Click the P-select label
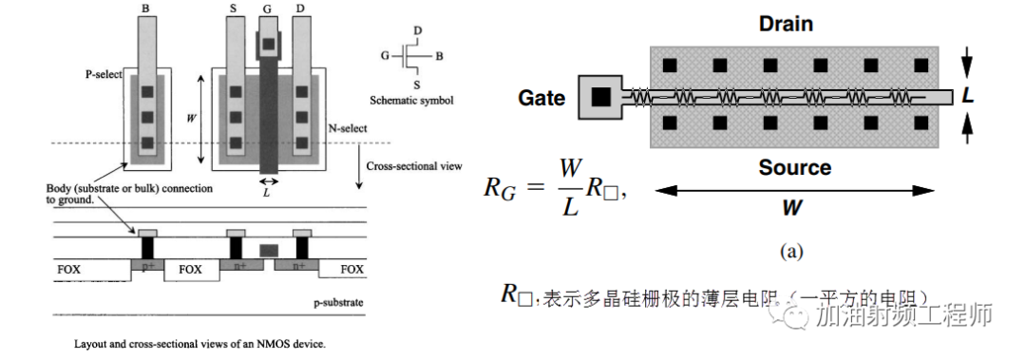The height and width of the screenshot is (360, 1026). tap(104, 74)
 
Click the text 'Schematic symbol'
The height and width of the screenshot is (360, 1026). tap(409, 99)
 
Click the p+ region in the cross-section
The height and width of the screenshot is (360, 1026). tap(147, 267)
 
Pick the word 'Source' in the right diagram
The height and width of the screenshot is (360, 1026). tap(795, 167)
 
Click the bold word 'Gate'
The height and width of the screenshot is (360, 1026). tap(542, 97)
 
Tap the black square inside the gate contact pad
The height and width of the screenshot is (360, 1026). tap(600, 96)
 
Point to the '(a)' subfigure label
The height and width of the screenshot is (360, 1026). tap(791, 251)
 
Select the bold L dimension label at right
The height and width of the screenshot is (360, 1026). tap(967, 95)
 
